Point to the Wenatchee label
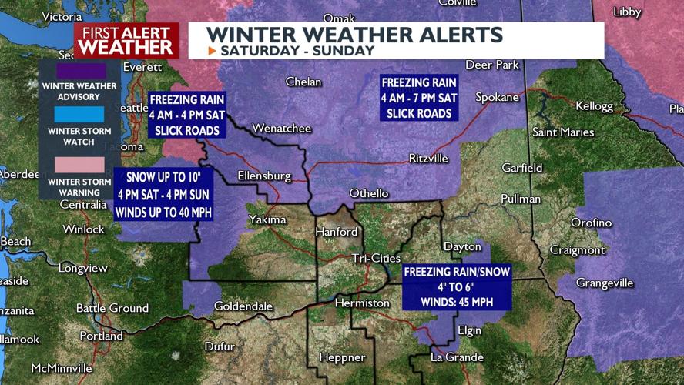tap(281, 128)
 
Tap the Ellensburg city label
tap(264, 176)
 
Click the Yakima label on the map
tap(267, 220)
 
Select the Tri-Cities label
tap(376, 258)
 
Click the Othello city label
tap(369, 193)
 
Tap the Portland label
tap(101, 336)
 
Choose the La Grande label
tap(457, 357)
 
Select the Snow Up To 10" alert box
tap(163, 194)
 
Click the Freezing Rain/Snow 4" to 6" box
tap(457, 287)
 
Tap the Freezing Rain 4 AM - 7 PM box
tap(419, 98)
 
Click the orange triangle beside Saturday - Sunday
tap(213, 51)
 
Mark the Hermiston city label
tap(362, 303)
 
